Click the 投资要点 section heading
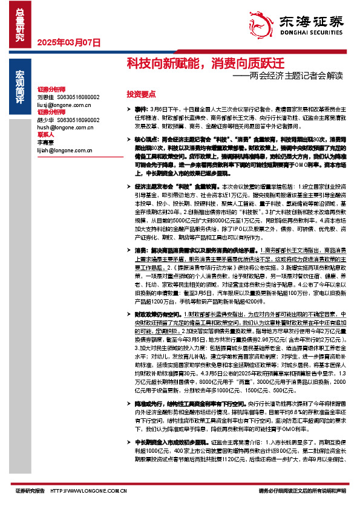coord(141,94)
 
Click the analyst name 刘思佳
coord(46,97)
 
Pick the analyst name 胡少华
coord(46,119)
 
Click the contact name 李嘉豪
coord(46,142)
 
